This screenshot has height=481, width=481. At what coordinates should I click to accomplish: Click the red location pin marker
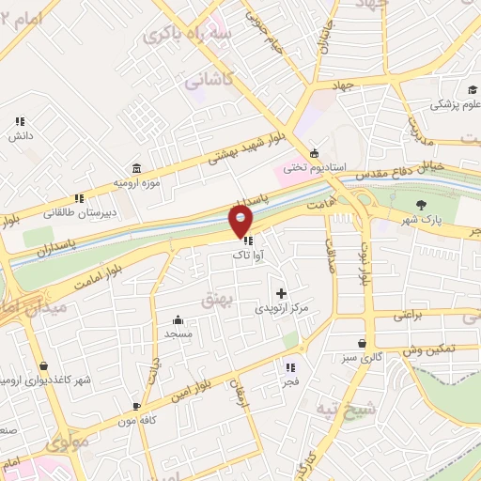pos(241,221)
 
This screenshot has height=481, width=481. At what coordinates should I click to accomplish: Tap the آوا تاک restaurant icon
pos(247,240)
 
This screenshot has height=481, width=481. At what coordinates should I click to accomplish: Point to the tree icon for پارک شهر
pos(420,205)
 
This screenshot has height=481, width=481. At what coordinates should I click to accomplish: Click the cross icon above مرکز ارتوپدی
pos(280,294)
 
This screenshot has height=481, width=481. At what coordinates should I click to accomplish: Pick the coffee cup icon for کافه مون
pos(137,406)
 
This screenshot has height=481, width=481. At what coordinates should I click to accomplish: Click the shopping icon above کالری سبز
pos(362,343)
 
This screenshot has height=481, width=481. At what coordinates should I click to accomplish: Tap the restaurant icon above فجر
pos(290,367)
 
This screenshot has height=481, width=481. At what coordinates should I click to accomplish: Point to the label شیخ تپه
pos(361,409)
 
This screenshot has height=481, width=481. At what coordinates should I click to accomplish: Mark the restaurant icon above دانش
pos(20,121)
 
